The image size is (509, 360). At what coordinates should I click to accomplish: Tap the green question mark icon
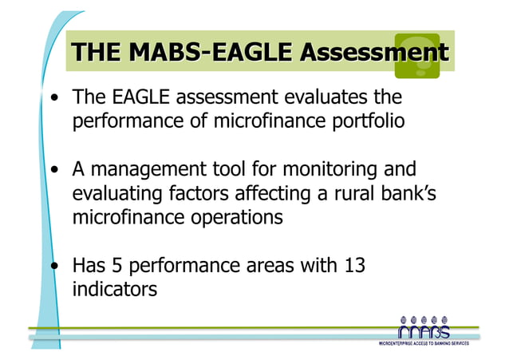tap(416, 54)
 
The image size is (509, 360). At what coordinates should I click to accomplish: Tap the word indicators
tap(114, 287)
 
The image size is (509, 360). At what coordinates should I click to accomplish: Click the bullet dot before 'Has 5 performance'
tap(53, 264)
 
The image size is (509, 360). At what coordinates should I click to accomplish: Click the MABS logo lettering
tap(423, 330)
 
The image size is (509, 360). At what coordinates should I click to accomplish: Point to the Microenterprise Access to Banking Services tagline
tap(423, 344)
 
